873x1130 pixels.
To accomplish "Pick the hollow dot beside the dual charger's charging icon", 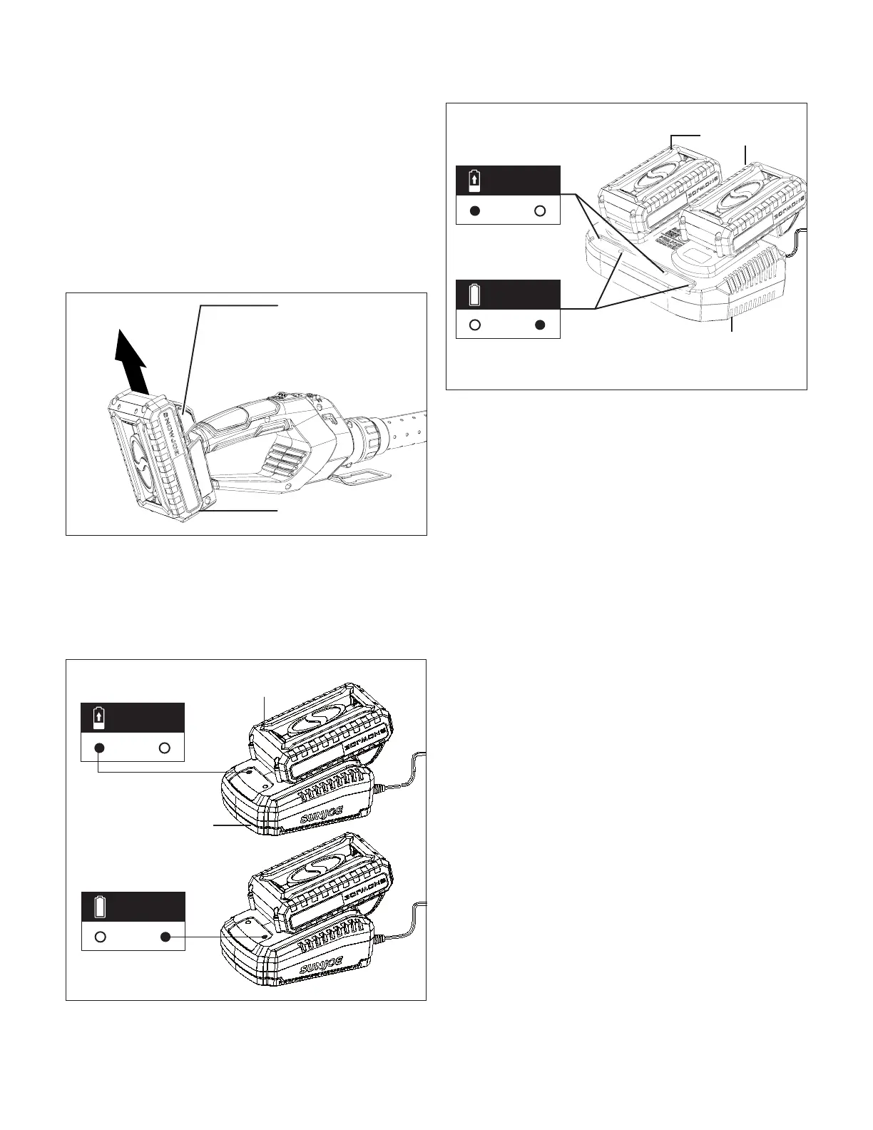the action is click(x=540, y=211).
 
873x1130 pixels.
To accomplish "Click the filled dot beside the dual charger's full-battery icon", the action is click(x=540, y=325).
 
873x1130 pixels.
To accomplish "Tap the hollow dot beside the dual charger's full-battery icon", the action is click(x=475, y=325).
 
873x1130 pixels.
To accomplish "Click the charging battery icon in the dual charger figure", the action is click(x=474, y=180).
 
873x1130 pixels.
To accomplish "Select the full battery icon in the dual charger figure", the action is click(x=474, y=294).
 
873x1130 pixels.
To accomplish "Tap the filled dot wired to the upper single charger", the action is click(x=100, y=748).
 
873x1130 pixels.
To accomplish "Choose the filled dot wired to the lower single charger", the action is click(x=165, y=937).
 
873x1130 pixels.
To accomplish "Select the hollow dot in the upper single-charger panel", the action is click(x=165, y=748).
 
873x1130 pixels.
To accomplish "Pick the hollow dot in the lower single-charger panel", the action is click(x=101, y=937).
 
